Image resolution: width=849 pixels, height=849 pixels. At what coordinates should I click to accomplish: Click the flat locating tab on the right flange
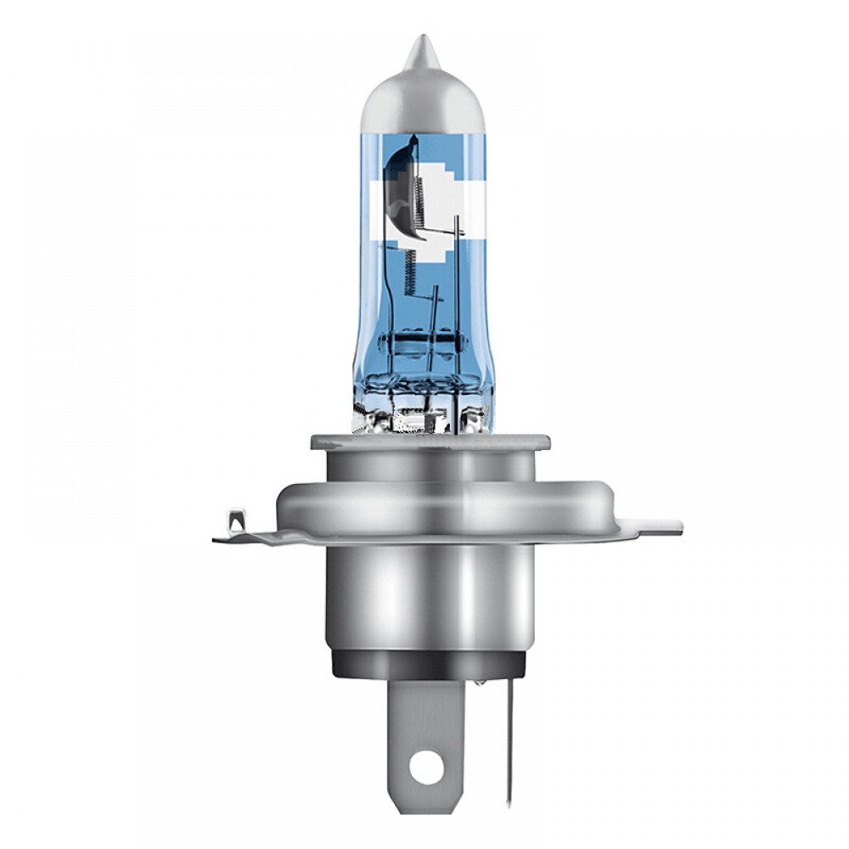point(658,526)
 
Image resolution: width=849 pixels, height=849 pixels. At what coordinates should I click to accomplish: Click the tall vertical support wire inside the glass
point(458,280)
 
